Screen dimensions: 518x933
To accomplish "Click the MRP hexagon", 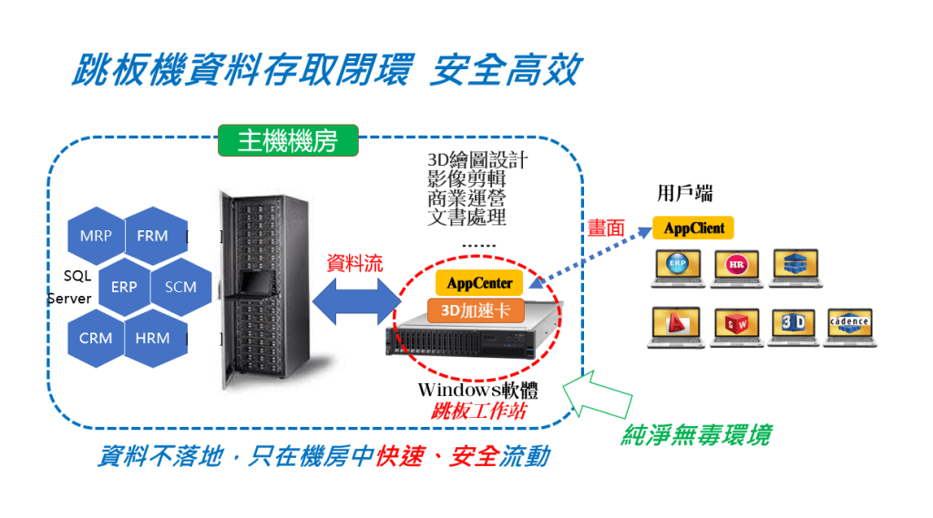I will (96, 236).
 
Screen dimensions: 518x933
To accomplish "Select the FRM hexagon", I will (152, 236).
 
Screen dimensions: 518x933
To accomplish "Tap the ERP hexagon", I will (124, 287).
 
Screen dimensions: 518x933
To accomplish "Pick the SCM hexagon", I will (180, 287).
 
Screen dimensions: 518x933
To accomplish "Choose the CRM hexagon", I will (96, 338).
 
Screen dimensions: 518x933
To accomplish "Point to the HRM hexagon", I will (152, 338).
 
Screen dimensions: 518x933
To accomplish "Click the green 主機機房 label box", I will (287, 141).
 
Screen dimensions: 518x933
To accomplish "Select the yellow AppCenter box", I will (480, 283).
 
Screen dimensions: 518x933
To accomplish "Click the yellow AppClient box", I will (693, 228).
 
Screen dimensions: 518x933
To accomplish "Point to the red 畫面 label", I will (606, 229).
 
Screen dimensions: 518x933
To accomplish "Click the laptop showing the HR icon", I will (737, 266).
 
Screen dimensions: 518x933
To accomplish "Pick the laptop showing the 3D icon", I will (792, 325).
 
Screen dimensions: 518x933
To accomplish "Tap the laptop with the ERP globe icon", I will (678, 266).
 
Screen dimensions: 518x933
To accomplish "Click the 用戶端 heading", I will (684, 193).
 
